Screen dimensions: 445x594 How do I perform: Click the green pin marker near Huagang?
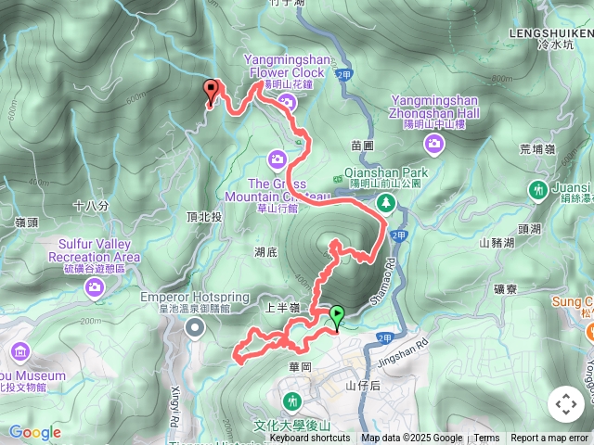336,316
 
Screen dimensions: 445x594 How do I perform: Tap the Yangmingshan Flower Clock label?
285,66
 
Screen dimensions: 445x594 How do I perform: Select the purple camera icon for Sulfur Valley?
95,287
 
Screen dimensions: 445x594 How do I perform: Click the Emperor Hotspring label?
195,297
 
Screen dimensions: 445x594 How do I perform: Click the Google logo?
35,432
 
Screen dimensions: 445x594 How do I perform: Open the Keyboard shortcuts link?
310,439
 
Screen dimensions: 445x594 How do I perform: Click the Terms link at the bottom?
486,439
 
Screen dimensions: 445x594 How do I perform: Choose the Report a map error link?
549,439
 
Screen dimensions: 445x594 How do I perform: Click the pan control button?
566,404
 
